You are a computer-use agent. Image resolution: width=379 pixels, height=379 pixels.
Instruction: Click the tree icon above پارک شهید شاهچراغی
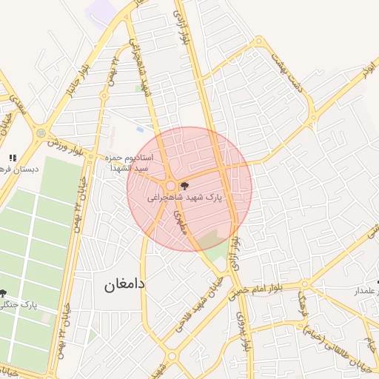(184, 186)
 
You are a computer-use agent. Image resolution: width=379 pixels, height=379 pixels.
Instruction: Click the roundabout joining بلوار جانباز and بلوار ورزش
(40, 133)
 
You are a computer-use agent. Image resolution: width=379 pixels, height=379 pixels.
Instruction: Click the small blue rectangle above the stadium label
(140, 130)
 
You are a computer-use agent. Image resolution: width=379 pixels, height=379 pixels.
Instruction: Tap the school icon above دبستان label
(12, 158)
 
